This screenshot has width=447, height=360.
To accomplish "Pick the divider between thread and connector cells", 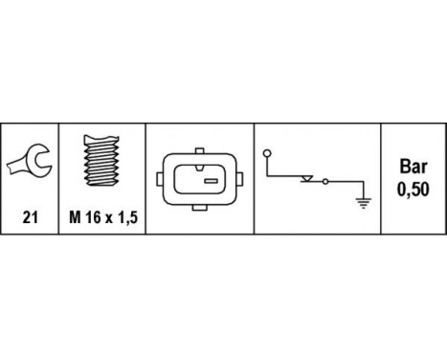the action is [x=145, y=182].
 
